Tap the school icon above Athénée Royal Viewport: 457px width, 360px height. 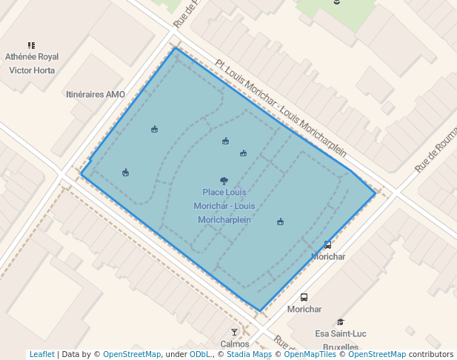(x=31, y=45)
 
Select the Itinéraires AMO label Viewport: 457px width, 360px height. (x=96, y=94)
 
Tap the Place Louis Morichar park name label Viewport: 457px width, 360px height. (x=224, y=205)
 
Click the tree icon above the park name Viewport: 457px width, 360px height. (x=224, y=180)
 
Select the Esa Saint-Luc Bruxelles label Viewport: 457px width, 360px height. (x=341, y=340)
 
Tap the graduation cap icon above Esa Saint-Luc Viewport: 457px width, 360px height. (x=341, y=321)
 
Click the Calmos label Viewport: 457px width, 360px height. (x=235, y=344)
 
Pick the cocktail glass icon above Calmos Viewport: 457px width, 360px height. (x=235, y=332)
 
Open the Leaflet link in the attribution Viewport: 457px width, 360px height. (x=41, y=354)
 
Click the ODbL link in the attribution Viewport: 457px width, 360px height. (x=200, y=354)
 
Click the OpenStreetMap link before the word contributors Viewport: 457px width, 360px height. (x=377, y=354)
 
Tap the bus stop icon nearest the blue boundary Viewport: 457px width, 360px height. (x=327, y=244)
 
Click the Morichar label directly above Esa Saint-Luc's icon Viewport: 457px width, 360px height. (x=304, y=309)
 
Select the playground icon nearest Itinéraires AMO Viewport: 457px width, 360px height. (x=154, y=130)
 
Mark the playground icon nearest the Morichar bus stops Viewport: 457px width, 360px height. (x=281, y=221)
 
